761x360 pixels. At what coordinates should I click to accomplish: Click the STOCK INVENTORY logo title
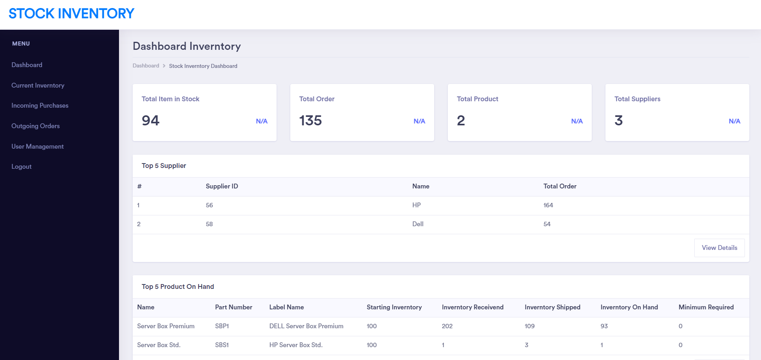(x=72, y=14)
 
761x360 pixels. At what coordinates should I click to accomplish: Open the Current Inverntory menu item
(x=38, y=86)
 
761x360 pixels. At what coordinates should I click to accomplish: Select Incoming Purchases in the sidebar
(x=40, y=106)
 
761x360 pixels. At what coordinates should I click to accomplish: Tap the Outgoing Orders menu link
(x=35, y=126)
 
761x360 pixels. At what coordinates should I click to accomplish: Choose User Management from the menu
(x=37, y=147)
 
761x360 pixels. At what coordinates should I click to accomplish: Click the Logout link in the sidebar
(x=21, y=167)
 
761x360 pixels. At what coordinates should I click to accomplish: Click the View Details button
(x=719, y=248)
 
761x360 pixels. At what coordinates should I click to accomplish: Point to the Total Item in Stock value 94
(x=151, y=121)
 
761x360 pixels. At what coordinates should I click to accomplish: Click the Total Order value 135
(x=310, y=121)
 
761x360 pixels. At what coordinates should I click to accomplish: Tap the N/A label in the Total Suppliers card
(x=734, y=121)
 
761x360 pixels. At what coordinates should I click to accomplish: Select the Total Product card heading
(x=477, y=99)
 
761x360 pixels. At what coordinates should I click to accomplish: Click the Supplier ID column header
(x=222, y=186)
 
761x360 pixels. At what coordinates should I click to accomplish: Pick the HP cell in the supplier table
(x=416, y=205)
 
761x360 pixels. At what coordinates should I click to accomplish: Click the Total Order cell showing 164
(x=548, y=205)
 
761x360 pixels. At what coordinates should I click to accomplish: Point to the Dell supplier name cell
(x=418, y=224)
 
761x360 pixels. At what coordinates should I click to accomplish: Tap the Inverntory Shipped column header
(x=552, y=307)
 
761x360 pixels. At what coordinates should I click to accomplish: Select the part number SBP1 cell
(x=222, y=326)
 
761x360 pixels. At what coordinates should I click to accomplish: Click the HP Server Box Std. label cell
(x=296, y=345)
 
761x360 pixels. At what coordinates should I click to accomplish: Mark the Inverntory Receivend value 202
(x=447, y=326)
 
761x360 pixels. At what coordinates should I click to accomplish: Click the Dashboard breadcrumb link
(x=146, y=66)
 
